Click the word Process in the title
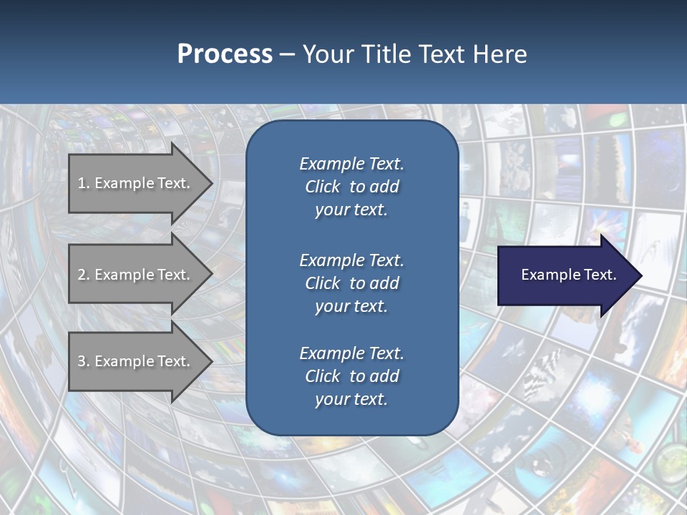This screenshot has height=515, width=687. click(225, 54)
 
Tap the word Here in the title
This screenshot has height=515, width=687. click(500, 54)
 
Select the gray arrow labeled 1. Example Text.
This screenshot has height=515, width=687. click(136, 183)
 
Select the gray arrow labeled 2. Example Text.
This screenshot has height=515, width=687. click(136, 275)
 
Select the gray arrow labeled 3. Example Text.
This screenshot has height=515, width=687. click(136, 361)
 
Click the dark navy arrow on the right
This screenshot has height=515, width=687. click(565, 275)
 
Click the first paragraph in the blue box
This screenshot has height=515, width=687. click(351, 187)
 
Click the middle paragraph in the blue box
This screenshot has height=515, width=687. click(351, 283)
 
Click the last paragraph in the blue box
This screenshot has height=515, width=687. click(351, 376)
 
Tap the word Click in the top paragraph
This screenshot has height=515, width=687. click(322, 187)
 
